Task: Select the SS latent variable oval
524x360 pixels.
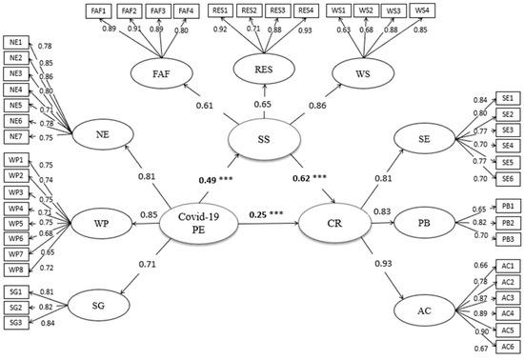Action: click(260, 139)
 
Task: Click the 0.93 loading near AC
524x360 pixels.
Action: click(385, 262)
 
